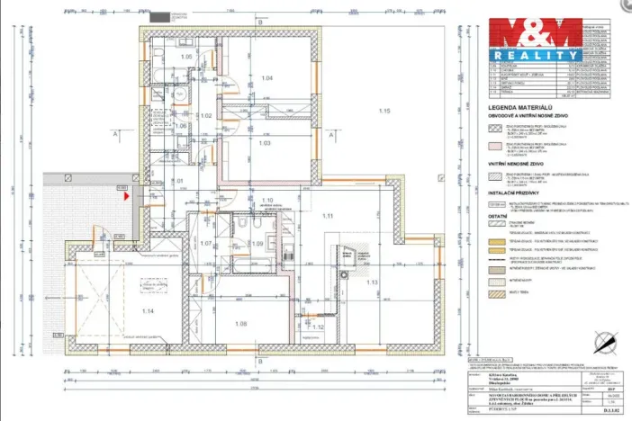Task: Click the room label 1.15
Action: point(384,111)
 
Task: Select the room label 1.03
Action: point(265,143)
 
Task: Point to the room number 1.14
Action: point(148,311)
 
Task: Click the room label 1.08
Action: point(240,324)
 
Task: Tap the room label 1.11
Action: point(327,216)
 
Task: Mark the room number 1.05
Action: point(187,58)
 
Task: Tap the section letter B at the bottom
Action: point(258,363)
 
